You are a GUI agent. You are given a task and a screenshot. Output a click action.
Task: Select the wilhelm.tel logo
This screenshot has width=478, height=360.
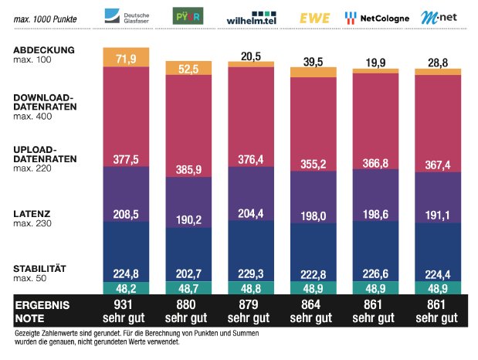coord(251,18)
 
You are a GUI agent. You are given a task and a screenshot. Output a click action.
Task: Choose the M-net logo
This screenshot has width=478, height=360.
coord(438,17)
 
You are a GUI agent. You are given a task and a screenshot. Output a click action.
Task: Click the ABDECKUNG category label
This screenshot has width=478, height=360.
coord(43,50)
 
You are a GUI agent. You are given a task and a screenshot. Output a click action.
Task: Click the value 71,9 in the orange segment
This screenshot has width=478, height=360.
coord(126,59)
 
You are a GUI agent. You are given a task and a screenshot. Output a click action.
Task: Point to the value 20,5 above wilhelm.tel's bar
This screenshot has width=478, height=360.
coord(251,56)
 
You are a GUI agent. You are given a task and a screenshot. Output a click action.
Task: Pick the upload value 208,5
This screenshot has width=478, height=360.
coord(126,211)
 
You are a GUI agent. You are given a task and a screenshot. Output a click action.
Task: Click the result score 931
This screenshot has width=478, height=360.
coord(126,305)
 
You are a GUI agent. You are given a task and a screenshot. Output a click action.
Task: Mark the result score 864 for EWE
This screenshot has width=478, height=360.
coord(313,305)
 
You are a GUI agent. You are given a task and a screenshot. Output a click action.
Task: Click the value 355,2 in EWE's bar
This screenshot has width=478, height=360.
coord(313,163)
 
